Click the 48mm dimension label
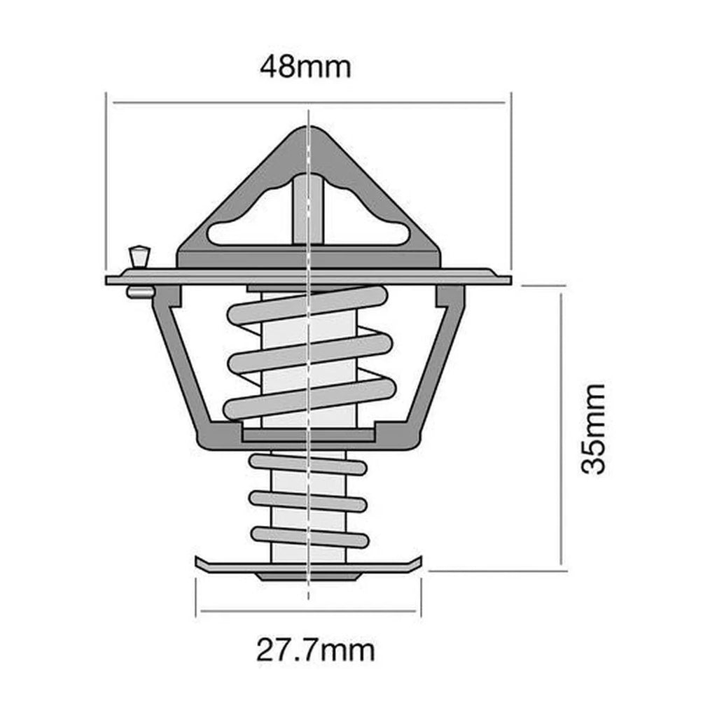(x=305, y=67)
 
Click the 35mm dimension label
(x=594, y=429)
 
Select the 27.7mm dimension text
(x=315, y=650)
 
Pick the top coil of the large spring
(x=308, y=306)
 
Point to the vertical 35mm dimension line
(x=561, y=429)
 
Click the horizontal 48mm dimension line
(x=210, y=103)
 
